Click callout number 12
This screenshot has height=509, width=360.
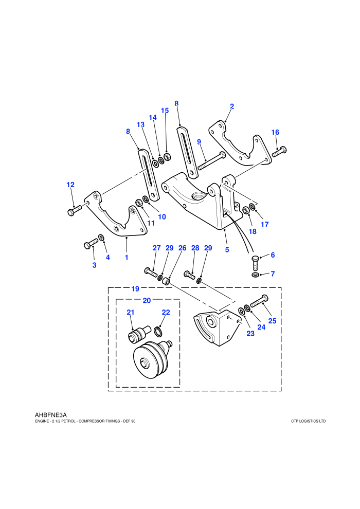coord(70,185)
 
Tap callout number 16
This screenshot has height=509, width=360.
coord(275,132)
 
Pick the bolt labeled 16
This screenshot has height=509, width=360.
coord(279,152)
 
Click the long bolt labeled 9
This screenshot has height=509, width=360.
coord(212,161)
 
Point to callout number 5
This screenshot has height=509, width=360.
coord(227,250)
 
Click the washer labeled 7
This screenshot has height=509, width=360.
coord(256,275)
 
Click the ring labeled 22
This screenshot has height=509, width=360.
coord(157,332)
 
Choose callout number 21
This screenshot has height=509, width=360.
coord(131,312)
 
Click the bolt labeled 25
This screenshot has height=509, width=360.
coord(259,301)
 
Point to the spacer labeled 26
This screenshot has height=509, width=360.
coord(166,281)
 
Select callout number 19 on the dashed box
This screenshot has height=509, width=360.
coord(135,289)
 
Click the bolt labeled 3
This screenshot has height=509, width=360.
coord(91,243)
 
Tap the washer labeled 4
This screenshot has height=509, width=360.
coord(101,238)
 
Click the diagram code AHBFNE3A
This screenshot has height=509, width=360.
coord(50,415)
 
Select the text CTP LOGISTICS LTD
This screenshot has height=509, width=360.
coord(309,422)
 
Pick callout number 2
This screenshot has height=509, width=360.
coord(232,106)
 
